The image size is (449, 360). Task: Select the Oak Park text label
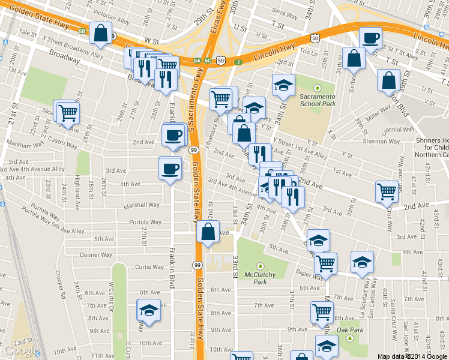[351, 329]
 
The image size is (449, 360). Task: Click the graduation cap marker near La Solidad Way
[363, 262]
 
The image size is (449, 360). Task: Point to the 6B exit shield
[82, 31]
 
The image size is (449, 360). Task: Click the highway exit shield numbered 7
[238, 62]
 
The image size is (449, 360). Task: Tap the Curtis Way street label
[149, 267]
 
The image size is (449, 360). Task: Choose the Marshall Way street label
[141, 205]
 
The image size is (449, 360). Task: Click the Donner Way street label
[96, 255]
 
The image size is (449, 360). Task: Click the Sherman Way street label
[382, 142]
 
